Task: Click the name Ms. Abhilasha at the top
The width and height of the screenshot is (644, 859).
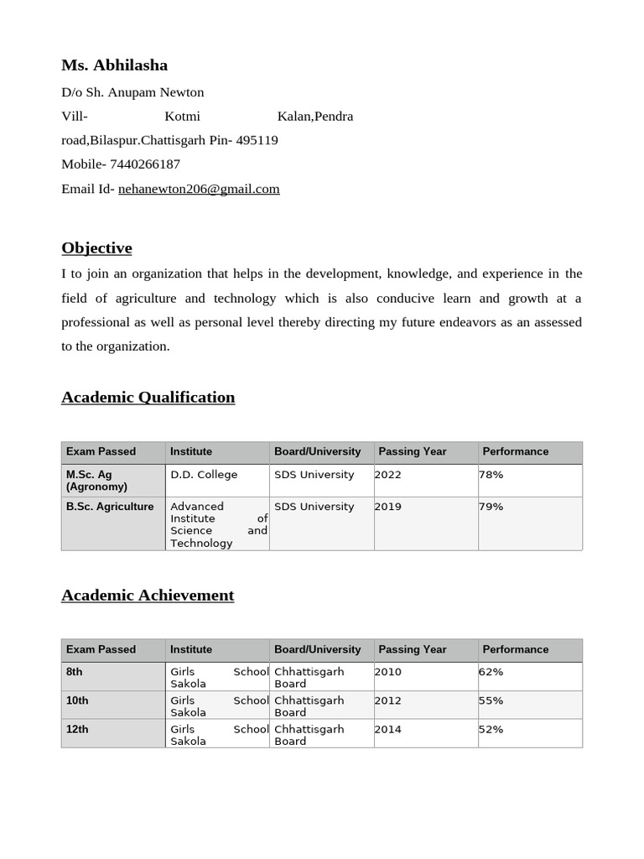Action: [x=114, y=65]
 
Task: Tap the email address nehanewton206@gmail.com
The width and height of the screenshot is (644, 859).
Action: [x=199, y=189]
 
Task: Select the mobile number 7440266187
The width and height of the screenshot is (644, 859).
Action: [x=144, y=164]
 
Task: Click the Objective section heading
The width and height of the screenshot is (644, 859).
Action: [x=96, y=248]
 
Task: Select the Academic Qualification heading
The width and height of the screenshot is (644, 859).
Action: [x=148, y=398]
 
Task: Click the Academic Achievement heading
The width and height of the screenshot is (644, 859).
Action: [x=148, y=596]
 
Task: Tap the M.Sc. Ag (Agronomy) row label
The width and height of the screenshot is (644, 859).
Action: [x=96, y=481]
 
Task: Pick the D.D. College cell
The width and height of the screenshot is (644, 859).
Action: [x=204, y=475]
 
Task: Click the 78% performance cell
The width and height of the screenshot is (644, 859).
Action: [x=491, y=475]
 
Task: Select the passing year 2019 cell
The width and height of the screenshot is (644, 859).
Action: [x=388, y=507]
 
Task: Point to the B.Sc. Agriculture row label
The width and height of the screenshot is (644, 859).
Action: [x=110, y=507]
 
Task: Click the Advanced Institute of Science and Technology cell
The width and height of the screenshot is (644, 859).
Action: [x=218, y=524]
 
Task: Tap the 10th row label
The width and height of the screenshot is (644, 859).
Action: [x=77, y=700]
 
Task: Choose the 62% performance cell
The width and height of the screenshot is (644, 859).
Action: [x=491, y=672]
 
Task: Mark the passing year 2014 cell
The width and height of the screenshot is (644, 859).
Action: [x=388, y=729]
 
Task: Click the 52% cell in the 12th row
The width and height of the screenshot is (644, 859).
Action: [x=491, y=729]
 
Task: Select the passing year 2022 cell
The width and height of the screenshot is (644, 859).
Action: [x=388, y=475]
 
